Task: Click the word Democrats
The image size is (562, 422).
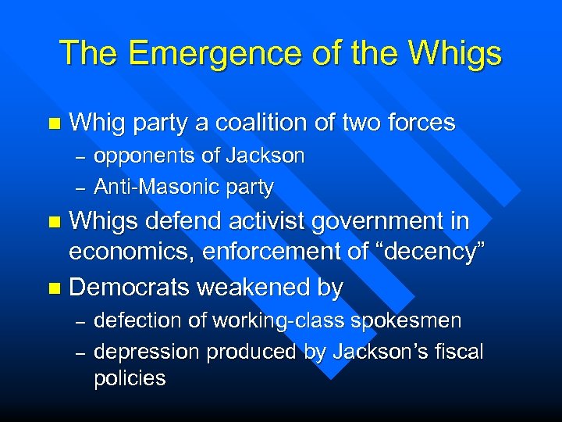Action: (130, 288)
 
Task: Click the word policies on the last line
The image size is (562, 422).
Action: (130, 379)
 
